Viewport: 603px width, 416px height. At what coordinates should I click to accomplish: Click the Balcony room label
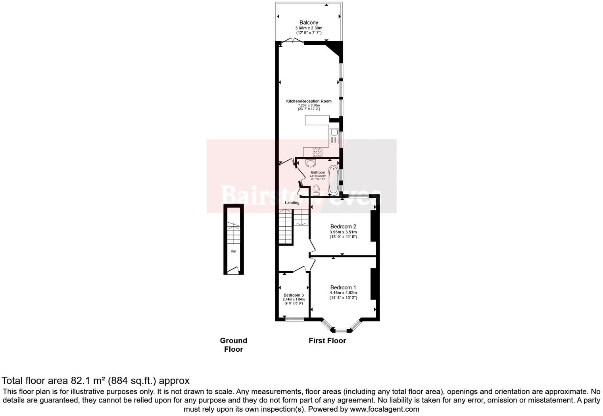pyautogui.click(x=309, y=23)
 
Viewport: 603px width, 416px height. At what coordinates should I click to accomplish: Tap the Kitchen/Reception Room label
pyautogui.click(x=309, y=101)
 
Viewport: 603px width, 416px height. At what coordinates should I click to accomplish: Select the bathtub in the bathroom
pyautogui.click(x=333, y=181)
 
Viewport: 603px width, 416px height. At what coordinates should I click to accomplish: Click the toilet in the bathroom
pyautogui.click(x=316, y=190)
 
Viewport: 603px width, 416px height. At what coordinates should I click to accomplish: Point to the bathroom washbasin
pyautogui.click(x=311, y=163)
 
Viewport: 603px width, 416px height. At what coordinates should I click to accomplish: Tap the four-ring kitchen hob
pyautogui.click(x=317, y=152)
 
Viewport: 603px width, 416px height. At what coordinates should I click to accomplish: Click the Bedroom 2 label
pyautogui.click(x=343, y=227)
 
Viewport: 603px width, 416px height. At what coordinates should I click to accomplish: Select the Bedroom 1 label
pyautogui.click(x=343, y=287)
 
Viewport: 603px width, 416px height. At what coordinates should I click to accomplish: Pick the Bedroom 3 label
pyautogui.click(x=294, y=295)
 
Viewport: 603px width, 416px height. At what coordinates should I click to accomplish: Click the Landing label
pyautogui.click(x=292, y=203)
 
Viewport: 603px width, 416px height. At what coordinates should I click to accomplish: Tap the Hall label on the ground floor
pyautogui.click(x=233, y=251)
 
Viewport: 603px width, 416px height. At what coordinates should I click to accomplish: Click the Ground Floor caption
pyautogui.click(x=233, y=345)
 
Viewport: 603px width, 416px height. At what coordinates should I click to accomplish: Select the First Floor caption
pyautogui.click(x=327, y=341)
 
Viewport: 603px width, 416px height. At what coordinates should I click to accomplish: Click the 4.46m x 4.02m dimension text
pyautogui.click(x=343, y=293)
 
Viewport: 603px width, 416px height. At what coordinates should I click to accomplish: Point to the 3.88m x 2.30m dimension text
pyautogui.click(x=309, y=28)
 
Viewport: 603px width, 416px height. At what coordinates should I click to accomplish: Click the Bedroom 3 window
pyautogui.click(x=295, y=319)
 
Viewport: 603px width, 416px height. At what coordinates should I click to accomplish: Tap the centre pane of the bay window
pyautogui.click(x=341, y=330)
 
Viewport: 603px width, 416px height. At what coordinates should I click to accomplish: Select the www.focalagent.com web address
pyautogui.click(x=384, y=409)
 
